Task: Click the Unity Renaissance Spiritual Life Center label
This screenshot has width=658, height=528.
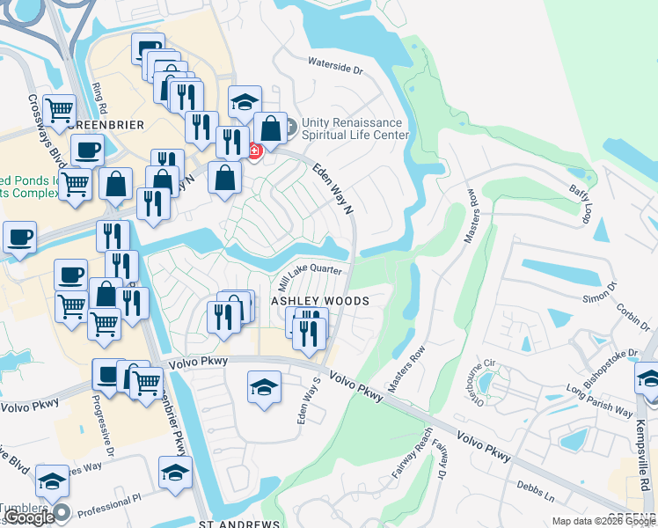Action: (x=355, y=128)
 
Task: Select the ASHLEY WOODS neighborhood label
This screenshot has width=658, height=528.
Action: (x=318, y=300)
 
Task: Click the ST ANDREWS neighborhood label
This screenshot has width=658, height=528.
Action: (x=232, y=523)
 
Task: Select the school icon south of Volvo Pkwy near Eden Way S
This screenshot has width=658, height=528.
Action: (x=264, y=387)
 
